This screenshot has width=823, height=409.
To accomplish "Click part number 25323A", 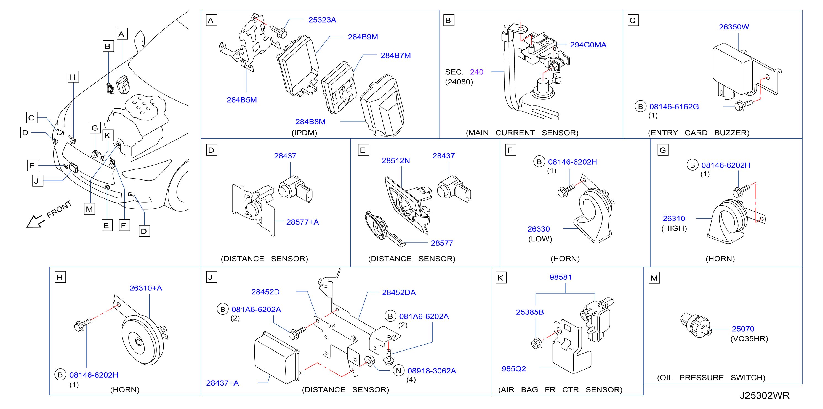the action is point(322,20).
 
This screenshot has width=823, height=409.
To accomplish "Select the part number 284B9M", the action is point(363,37).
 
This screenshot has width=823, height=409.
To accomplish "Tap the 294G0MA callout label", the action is point(588,45).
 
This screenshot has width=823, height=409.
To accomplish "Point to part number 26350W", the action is point(734,27).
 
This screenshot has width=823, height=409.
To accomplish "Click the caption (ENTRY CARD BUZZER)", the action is point(698,133).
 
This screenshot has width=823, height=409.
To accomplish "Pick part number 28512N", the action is point(396,161).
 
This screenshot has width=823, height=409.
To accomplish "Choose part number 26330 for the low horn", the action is point(538,229).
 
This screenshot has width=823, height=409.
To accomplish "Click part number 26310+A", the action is point(145,288).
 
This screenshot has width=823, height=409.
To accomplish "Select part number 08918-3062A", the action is point(431,371).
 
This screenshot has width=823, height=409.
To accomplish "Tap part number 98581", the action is point(560,277).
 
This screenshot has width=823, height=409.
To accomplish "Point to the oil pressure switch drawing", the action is point(695,324).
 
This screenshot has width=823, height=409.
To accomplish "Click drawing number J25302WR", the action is point(764,395).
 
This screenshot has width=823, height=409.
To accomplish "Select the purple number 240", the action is point(476,72).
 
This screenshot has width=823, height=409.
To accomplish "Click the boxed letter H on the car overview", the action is point(73,77).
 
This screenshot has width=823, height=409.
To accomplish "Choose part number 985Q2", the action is point(513,369).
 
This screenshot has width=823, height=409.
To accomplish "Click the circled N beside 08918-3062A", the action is point(398,371).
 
